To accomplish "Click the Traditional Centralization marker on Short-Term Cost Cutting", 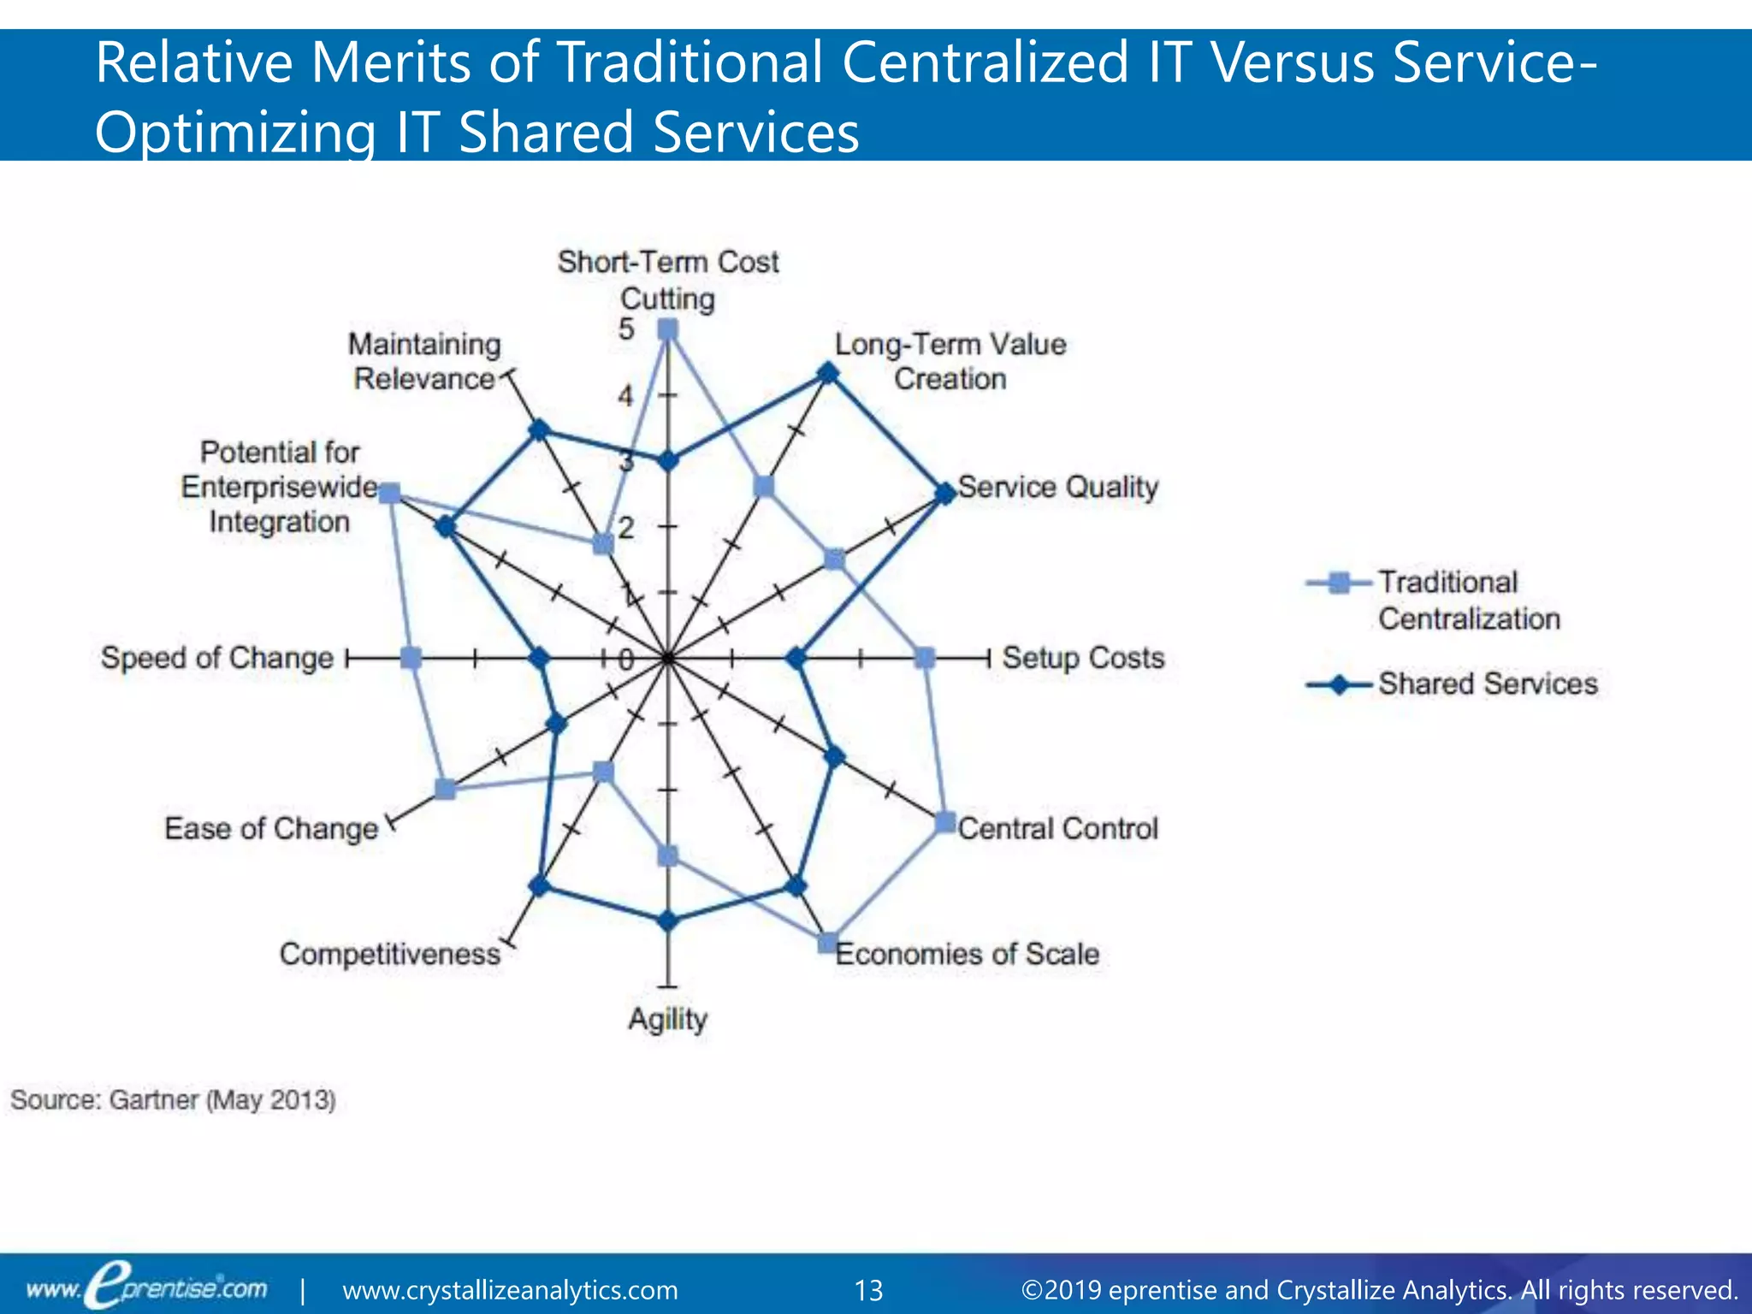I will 668,329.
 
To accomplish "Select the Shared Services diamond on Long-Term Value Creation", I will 827,373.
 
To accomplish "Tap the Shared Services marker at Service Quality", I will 944,494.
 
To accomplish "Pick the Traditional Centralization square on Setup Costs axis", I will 924,658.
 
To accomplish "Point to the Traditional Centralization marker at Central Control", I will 945,822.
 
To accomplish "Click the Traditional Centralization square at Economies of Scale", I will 827,943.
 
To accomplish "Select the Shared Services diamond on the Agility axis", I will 668,920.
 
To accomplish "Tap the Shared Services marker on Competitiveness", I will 538,885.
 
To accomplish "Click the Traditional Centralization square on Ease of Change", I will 445,789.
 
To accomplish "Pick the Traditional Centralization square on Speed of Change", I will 411,658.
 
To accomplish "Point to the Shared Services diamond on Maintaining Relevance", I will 538,429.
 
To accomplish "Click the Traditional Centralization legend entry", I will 1469,600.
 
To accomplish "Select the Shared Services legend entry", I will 1487,684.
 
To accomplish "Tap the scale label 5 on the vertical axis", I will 626,329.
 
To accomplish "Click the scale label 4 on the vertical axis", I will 626,395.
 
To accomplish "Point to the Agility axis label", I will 668,1019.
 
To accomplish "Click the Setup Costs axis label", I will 1083,658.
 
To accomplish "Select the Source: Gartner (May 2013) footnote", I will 173,1099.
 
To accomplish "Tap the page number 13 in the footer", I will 869,1290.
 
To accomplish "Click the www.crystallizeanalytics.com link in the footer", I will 510,1290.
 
